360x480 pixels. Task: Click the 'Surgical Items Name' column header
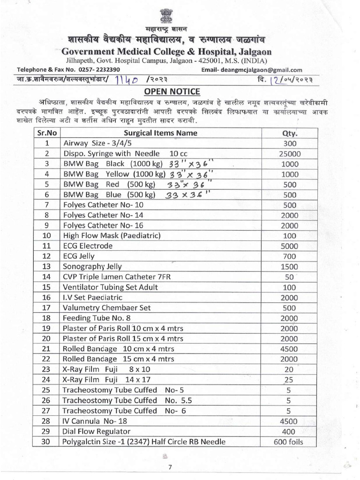tap(160, 133)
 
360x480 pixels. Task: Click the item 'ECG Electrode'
tap(88, 246)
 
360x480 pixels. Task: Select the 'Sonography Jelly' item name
tap(92, 266)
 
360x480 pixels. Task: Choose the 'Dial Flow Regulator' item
tap(97, 431)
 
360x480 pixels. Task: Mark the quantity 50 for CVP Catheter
tap(289, 277)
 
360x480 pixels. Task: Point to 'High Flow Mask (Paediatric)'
tap(112, 235)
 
